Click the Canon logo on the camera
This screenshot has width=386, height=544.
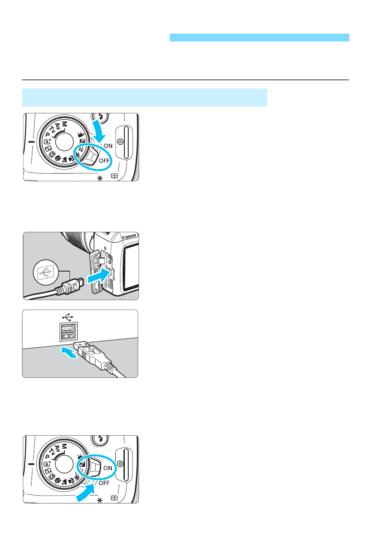(129, 237)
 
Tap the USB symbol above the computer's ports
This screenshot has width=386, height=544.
(68, 317)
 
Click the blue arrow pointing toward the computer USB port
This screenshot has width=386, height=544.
(70, 352)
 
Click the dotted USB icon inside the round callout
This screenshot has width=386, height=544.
(46, 273)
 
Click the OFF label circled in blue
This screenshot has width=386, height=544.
(104, 161)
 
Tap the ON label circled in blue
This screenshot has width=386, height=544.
(108, 468)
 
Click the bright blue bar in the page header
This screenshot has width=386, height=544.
(259, 38)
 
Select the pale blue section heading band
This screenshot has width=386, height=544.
(145, 98)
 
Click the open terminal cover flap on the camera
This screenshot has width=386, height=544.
(97, 272)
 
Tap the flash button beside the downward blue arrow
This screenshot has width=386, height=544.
(100, 116)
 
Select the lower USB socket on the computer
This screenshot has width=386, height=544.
(68, 336)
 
